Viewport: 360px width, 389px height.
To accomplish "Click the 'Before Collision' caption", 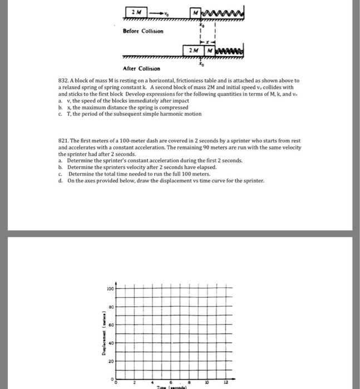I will pyautogui.click(x=143, y=31).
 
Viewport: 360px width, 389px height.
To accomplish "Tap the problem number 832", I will pyautogui.click(x=63, y=81).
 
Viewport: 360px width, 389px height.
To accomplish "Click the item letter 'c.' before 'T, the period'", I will pyautogui.click(x=60, y=114).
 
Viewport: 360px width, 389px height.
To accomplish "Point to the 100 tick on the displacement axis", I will pyautogui.click(x=110, y=289).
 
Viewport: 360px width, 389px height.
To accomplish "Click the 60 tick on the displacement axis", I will pyautogui.click(x=111, y=323).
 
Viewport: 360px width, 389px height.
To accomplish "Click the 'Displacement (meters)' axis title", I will pyautogui.click(x=103, y=336).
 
